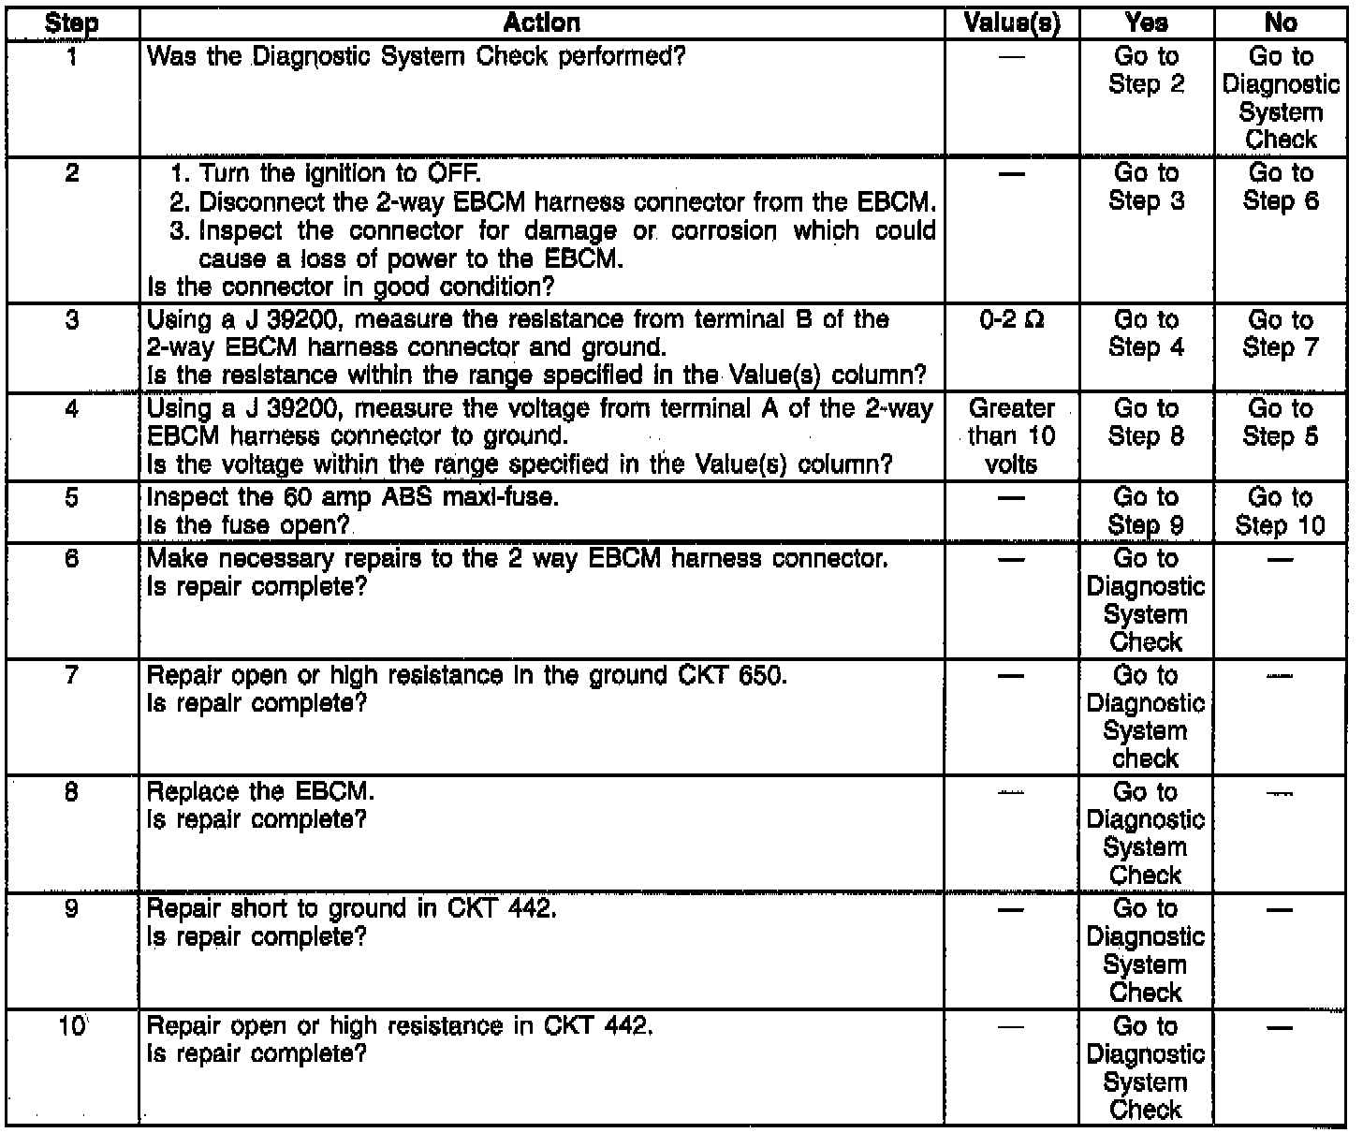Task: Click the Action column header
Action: point(541,22)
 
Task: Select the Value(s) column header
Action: point(1011,22)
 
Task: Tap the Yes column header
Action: point(1146,22)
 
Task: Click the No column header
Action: point(1280,22)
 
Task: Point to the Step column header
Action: point(72,22)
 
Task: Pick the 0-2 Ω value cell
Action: point(1011,320)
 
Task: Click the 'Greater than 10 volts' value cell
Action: point(1011,435)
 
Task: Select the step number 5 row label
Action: point(72,497)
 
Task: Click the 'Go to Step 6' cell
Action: point(1280,187)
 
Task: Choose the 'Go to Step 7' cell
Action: point(1280,334)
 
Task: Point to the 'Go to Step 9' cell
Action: point(1146,511)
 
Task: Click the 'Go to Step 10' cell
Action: point(1280,511)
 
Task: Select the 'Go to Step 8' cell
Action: point(1146,422)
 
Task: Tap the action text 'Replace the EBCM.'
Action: point(261,792)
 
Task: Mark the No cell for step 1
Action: point(1280,97)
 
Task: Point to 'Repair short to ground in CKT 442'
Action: point(352,909)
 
